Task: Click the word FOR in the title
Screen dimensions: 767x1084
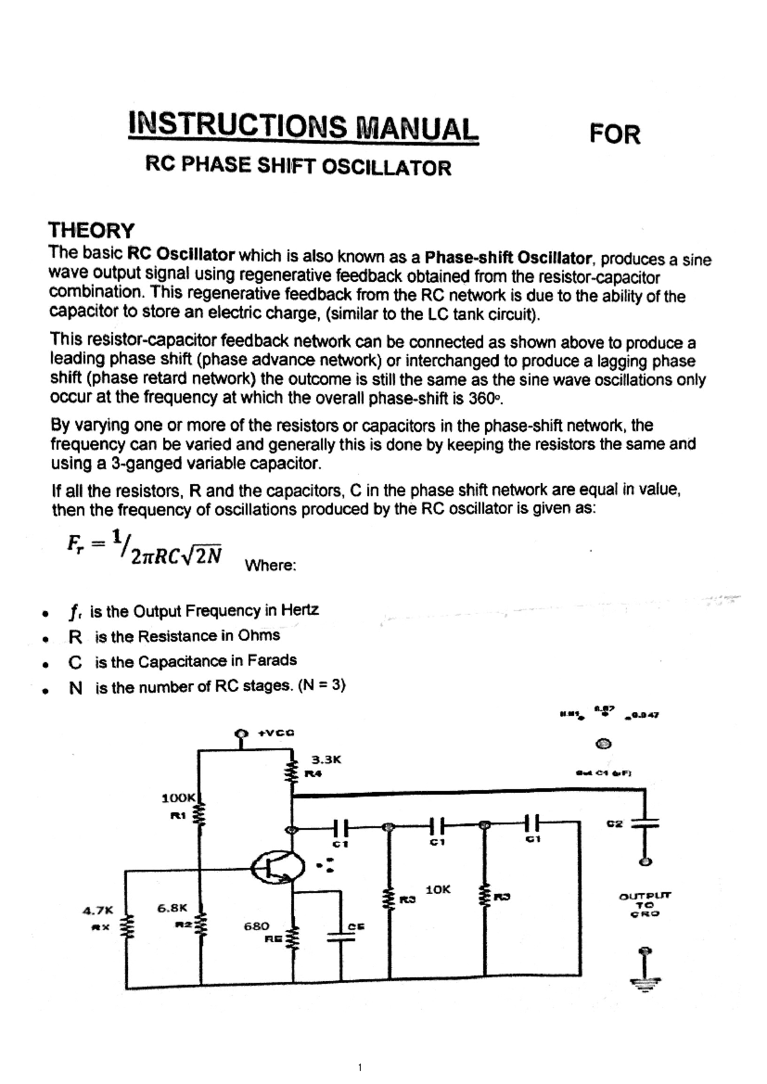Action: (614, 134)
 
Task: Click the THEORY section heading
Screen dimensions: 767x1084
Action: (91, 230)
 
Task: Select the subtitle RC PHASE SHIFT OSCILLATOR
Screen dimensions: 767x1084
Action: (298, 166)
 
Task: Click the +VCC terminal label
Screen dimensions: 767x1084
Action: (275, 733)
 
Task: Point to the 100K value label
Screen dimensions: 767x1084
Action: (179, 798)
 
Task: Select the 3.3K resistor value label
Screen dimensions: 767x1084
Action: (326, 760)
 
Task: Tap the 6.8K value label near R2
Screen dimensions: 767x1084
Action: (173, 907)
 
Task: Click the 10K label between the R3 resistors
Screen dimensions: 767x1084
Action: (438, 889)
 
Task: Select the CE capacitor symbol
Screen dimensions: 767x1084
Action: (341, 937)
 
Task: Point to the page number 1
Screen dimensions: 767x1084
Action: (360, 1067)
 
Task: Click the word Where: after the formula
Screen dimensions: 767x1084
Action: (270, 566)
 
